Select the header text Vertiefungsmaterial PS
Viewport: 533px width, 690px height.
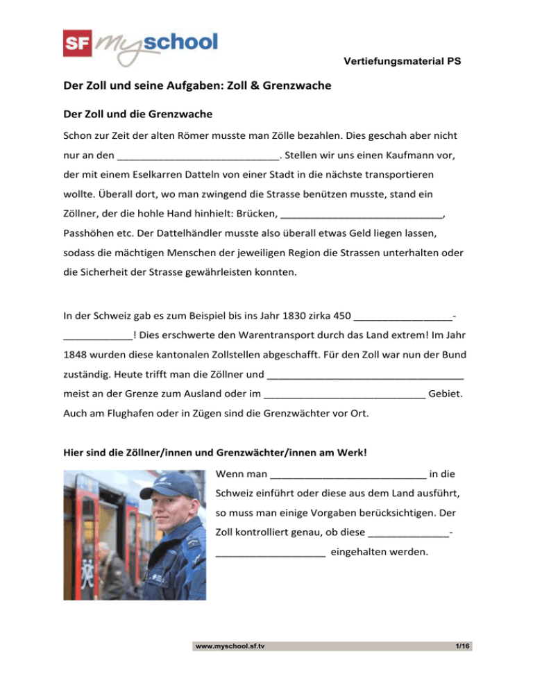pos(403,62)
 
